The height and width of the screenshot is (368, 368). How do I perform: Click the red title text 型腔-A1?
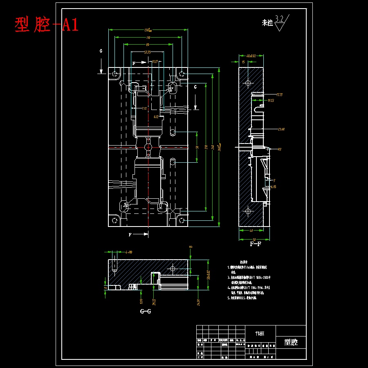[46, 25]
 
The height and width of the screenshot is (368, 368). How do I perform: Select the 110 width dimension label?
[148, 37]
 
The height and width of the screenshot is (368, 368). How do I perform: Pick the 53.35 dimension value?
[148, 52]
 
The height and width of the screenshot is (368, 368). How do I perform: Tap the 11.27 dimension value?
[155, 62]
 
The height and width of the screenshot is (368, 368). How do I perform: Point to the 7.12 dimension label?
[144, 108]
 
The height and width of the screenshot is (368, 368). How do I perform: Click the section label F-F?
[256, 244]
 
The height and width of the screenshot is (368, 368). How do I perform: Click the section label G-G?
[146, 311]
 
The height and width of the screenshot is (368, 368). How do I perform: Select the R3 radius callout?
[280, 149]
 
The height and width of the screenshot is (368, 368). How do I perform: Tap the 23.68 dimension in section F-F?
[281, 129]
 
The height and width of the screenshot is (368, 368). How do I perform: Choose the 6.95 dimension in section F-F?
[273, 186]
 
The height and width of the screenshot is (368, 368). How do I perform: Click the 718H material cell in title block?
[260, 333]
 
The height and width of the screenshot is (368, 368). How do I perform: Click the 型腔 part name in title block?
[291, 342]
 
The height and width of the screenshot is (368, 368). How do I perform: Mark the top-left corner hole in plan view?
[114, 74]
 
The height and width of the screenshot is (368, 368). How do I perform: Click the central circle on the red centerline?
[148, 146]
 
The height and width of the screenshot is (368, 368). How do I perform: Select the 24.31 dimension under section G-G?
[198, 302]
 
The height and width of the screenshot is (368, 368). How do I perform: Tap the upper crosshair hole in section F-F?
[247, 83]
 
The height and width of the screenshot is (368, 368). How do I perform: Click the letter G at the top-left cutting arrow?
[101, 51]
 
